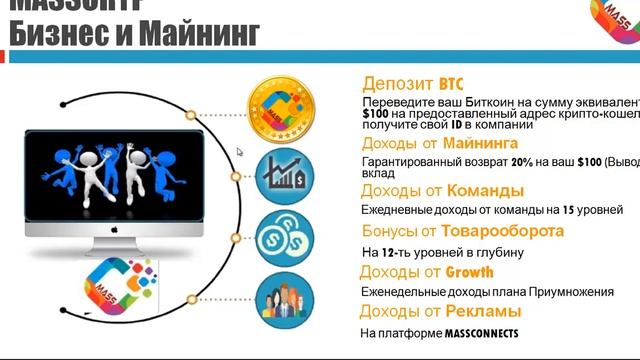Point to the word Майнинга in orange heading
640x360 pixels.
[476, 144]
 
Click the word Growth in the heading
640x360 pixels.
[469, 272]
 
